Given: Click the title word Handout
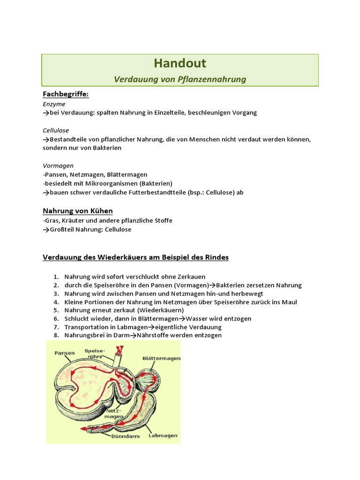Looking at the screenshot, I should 180,63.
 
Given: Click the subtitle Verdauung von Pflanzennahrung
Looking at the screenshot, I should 180,79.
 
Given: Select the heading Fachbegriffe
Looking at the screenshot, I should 66,94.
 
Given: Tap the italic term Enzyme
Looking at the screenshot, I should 54,104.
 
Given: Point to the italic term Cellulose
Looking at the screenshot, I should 56,130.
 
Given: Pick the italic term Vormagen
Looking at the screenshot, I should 58,165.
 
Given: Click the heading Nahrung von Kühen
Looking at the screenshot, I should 78,210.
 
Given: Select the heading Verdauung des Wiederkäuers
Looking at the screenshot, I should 135,257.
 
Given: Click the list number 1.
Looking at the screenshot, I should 56,277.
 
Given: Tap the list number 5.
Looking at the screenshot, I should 56,310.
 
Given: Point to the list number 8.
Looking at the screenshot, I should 56,336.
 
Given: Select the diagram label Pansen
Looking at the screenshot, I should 65,352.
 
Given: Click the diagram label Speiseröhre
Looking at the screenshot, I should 95,353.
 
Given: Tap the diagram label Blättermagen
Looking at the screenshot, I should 162,358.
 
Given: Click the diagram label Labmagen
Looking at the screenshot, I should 163,435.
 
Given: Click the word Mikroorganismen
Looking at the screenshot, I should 109,183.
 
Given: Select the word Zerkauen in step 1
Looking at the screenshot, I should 190,277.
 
